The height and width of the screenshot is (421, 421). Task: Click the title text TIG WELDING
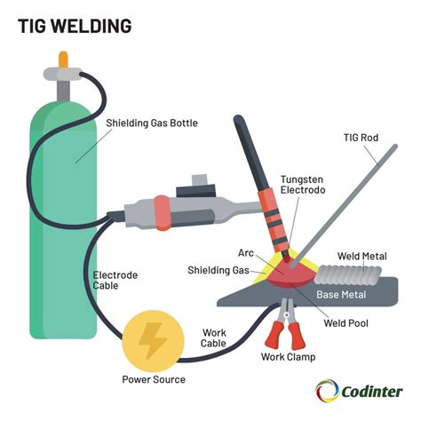(x=75, y=26)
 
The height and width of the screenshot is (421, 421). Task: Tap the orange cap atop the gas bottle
(x=62, y=60)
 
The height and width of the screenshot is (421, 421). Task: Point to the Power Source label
(x=154, y=379)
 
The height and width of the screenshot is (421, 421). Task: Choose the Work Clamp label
(x=288, y=357)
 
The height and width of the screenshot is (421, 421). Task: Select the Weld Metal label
(x=362, y=256)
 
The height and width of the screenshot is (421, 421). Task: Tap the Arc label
(x=246, y=253)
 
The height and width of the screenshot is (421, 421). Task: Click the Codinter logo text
(x=373, y=390)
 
